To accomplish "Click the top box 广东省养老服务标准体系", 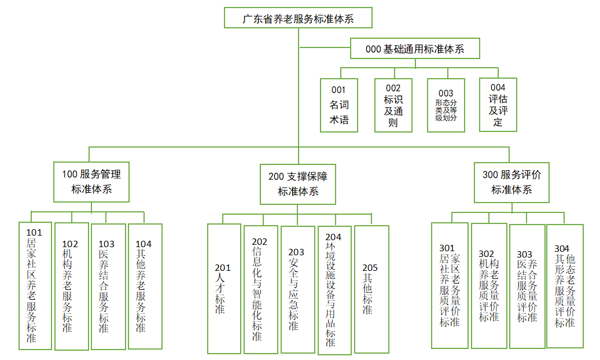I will click(x=298, y=18).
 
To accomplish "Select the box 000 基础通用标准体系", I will click(x=415, y=49).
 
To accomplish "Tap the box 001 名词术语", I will click(x=339, y=105).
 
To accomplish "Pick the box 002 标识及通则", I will click(x=393, y=105).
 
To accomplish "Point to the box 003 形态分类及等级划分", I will click(x=446, y=105).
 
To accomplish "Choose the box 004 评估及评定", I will click(x=498, y=105).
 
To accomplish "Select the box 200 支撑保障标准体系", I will click(x=297, y=183).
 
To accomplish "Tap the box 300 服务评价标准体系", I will click(x=511, y=182).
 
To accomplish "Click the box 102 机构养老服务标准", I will click(x=72, y=286).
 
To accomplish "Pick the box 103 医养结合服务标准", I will click(x=108, y=286).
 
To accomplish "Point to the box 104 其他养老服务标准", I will click(x=144, y=286).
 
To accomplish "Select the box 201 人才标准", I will click(x=224, y=288).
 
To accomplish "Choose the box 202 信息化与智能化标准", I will click(x=260, y=288).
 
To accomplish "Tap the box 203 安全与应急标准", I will click(x=297, y=288).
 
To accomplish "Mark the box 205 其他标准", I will click(x=371, y=288).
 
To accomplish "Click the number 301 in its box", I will click(x=447, y=249).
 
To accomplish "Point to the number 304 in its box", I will click(x=562, y=249).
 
